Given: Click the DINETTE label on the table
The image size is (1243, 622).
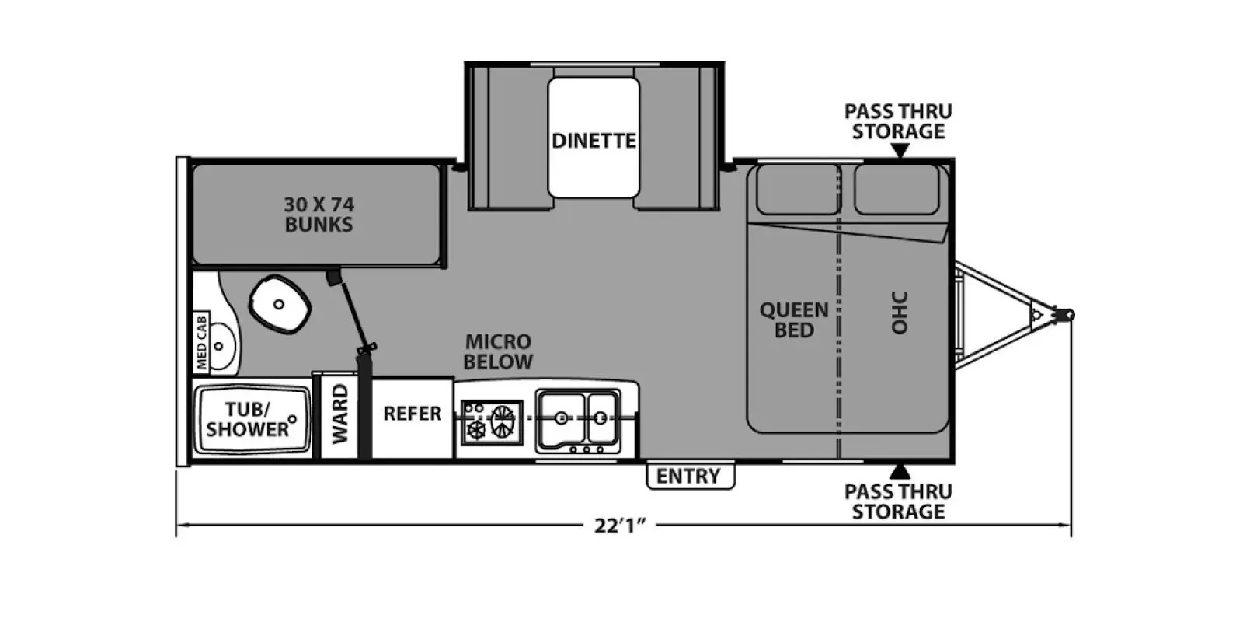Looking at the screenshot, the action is click(594, 141).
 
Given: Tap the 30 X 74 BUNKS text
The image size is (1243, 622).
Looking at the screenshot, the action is click(319, 215).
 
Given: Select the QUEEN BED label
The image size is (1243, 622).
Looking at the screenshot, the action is click(794, 320).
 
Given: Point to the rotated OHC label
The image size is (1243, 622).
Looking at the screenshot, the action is click(900, 313).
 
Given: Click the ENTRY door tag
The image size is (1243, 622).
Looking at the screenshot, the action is click(691, 476).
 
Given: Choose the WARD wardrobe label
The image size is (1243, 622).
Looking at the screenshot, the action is click(339, 414).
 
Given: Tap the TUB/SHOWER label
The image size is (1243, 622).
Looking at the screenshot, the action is click(248, 419).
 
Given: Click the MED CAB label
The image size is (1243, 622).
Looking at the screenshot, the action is click(201, 342).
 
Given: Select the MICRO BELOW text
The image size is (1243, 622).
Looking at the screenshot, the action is click(498, 351).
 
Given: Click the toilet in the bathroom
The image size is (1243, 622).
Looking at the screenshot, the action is click(279, 304).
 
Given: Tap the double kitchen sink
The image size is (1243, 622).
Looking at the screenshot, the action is click(578, 420).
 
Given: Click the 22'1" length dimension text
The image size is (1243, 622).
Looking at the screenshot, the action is click(621, 526).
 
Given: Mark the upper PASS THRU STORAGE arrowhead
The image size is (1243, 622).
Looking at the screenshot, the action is click(900, 151).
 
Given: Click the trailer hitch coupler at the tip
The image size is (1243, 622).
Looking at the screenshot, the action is click(1067, 315).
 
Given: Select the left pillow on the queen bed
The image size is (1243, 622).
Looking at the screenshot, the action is click(797, 190).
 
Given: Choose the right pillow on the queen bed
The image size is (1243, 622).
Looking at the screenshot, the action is click(897, 190).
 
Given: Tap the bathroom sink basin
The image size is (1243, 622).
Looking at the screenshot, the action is click(222, 346).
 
